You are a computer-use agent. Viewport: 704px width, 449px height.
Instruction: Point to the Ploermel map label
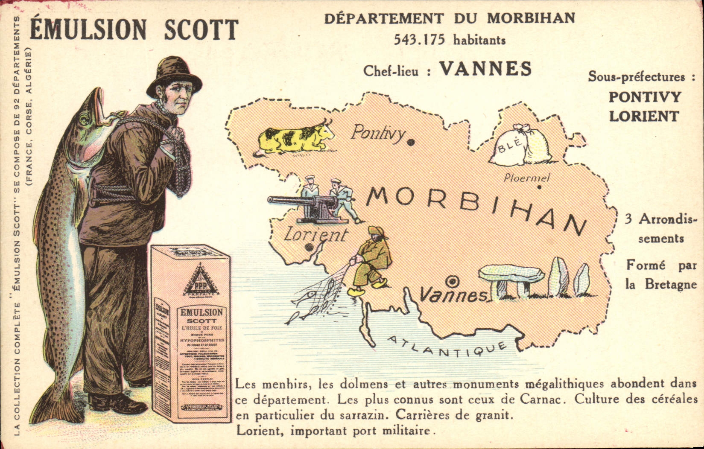tap(526, 178)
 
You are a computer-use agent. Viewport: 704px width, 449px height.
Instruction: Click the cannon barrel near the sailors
tap(286, 200)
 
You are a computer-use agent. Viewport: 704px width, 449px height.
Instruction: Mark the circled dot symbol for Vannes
tap(452, 282)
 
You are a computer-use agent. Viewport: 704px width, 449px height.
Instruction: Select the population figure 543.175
tap(419, 40)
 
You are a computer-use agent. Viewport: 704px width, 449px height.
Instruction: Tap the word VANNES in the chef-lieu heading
tap(486, 69)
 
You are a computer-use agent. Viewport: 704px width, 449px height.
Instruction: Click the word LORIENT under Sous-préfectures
tap(643, 116)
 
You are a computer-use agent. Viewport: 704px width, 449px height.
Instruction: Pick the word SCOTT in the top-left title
tap(201, 29)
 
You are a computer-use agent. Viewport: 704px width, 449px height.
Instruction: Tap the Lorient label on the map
tap(315, 235)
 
